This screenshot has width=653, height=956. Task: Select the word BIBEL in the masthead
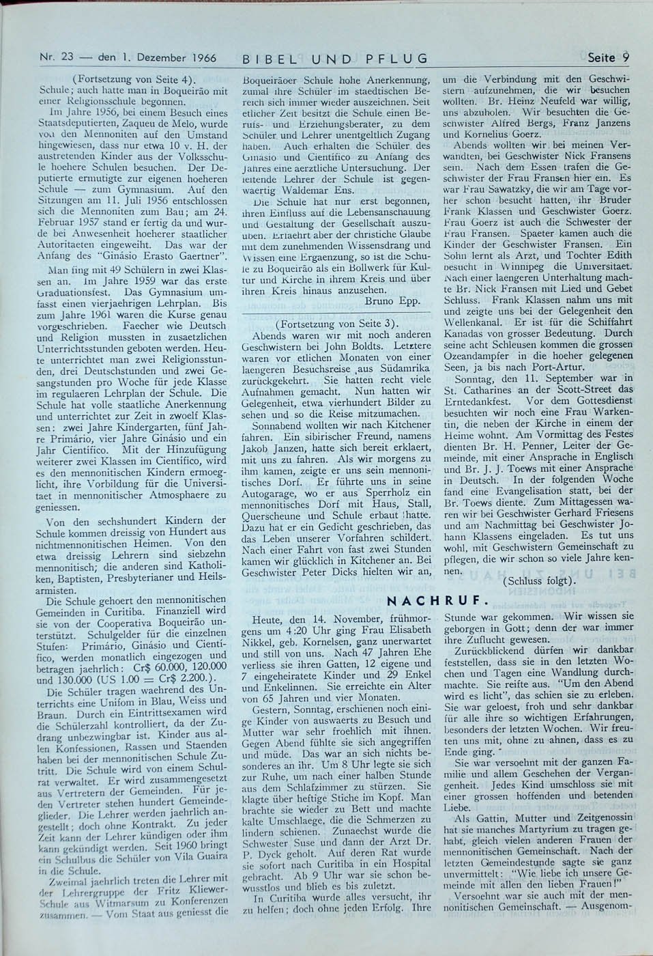[x=263, y=59]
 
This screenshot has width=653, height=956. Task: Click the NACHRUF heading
[x=437, y=602]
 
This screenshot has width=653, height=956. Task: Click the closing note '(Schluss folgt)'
[x=538, y=580]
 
